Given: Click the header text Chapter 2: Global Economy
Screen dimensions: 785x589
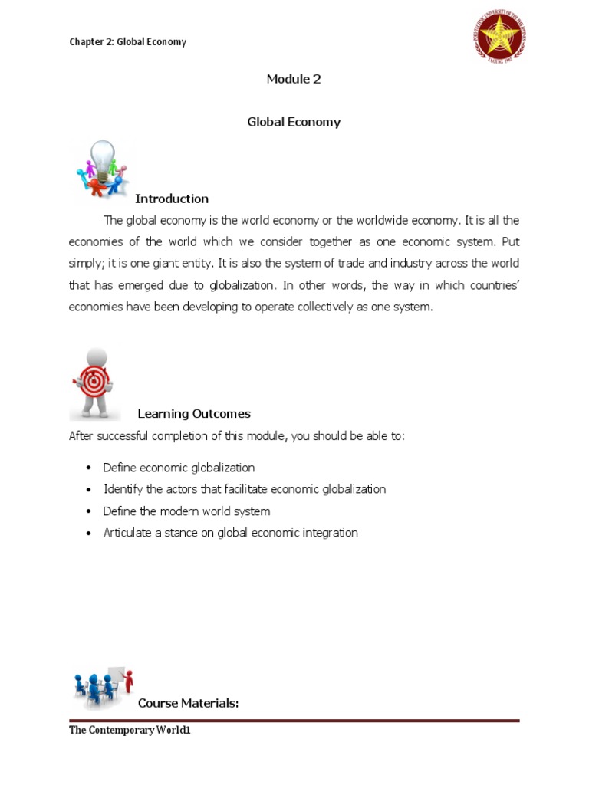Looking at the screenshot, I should (x=127, y=41).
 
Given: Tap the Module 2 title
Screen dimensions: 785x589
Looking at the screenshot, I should (x=293, y=79).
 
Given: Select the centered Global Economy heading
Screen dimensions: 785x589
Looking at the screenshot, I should (x=294, y=122).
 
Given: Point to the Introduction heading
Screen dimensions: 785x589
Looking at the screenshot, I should (x=172, y=199).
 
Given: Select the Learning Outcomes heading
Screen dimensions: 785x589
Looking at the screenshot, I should (x=194, y=413).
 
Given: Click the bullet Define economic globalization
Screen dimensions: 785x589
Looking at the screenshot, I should (x=179, y=468).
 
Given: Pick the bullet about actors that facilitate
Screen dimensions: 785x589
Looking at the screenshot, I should (x=245, y=489).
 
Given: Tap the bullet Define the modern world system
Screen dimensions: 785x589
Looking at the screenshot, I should (x=186, y=511).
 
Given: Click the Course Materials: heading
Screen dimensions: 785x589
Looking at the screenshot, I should (x=189, y=703).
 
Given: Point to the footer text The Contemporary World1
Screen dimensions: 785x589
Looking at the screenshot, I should (x=130, y=731).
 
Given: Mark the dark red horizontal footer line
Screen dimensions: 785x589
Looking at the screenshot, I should (x=294, y=721).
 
